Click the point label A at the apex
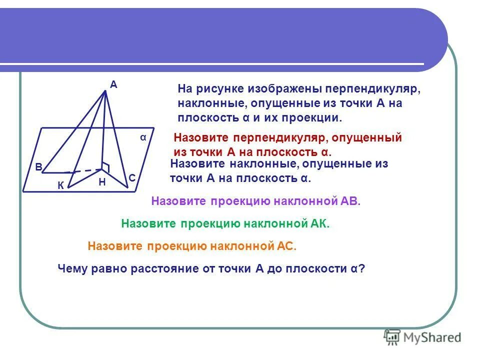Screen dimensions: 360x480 [113, 85]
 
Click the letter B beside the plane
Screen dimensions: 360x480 [38, 167]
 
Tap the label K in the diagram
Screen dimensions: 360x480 [60, 185]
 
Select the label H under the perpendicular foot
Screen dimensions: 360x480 [102, 182]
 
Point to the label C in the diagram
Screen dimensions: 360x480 [132, 178]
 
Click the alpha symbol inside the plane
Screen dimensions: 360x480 [143, 137]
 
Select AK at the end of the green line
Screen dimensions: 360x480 [319, 224]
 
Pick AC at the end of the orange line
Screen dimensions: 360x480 [287, 246]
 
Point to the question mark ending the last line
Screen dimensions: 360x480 [362, 268]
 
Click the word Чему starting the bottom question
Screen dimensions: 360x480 [72, 268]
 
